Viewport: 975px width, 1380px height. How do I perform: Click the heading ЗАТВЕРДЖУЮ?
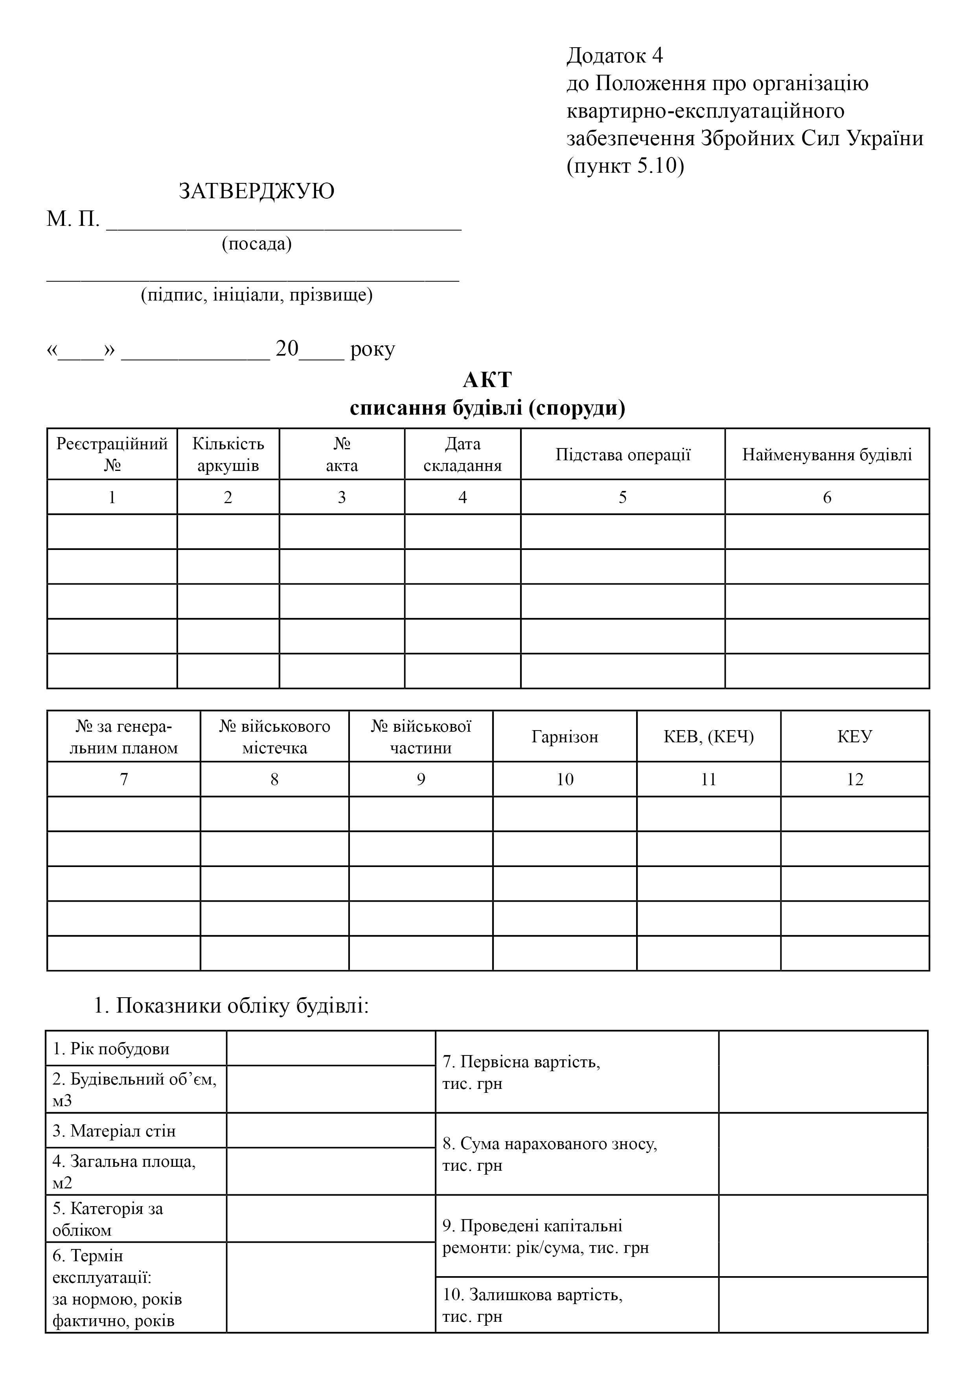[256, 191]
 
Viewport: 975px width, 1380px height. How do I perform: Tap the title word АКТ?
[487, 380]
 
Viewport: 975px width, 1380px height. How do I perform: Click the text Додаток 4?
[614, 55]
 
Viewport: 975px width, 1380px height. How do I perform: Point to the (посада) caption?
[256, 244]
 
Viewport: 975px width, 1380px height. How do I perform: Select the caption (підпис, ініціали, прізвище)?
[256, 295]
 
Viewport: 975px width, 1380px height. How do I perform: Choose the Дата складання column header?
[463, 454]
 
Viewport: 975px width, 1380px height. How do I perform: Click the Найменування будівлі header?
[827, 454]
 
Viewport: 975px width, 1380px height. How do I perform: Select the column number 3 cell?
[342, 497]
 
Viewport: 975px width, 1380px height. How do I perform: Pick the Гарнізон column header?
[565, 737]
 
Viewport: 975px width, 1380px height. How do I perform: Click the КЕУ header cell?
[855, 737]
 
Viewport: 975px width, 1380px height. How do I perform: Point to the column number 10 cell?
[565, 780]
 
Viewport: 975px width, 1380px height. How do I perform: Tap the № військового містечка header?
[274, 737]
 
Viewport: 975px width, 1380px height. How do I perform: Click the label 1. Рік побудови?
[111, 1049]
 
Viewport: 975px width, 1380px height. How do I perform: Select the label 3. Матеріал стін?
[114, 1131]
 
